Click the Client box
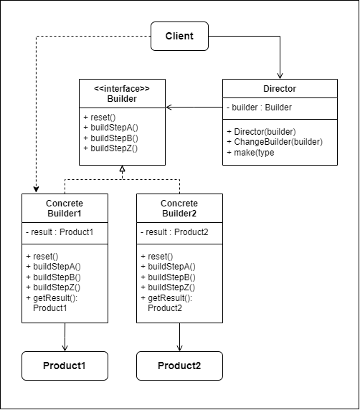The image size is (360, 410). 179,36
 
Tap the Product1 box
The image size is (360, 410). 65,366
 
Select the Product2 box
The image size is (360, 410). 179,366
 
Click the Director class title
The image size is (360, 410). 280,89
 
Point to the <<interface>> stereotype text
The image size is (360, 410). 122,89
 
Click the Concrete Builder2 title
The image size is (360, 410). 179,209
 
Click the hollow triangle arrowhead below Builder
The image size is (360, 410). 122,168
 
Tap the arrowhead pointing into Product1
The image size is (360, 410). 65,348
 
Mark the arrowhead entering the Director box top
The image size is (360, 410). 280,75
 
